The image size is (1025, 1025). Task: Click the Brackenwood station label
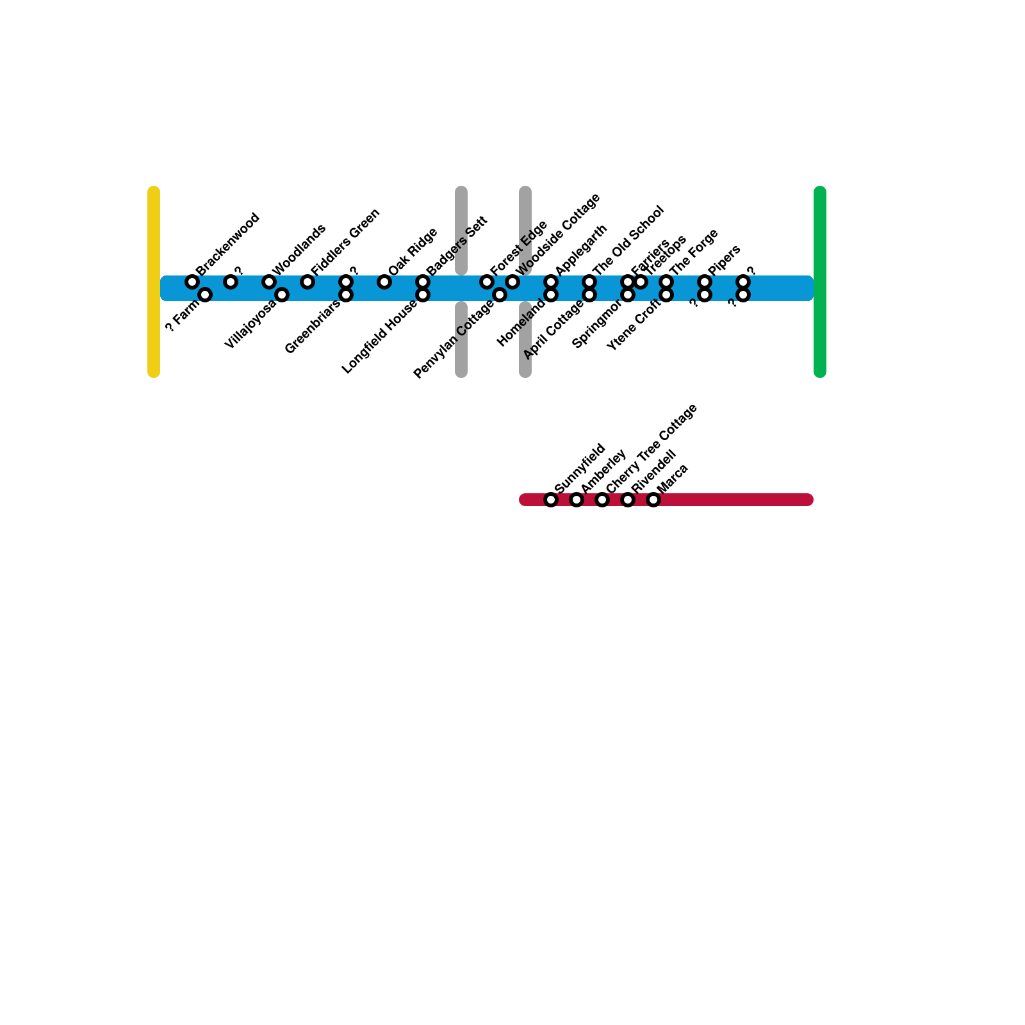227,244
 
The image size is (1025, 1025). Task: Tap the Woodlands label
299,250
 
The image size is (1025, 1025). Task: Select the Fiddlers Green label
346,242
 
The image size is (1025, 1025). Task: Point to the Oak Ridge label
413,252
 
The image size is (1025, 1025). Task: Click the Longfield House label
380,336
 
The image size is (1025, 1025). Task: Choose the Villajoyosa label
251,324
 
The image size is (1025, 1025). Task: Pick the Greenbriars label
313,327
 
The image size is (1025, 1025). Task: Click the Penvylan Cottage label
454,339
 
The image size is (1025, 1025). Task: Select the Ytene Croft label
634,325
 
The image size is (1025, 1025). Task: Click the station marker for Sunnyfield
551,500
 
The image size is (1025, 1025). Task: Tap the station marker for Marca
653,500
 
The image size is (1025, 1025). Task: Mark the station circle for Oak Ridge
384,282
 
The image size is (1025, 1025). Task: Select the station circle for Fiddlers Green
307,282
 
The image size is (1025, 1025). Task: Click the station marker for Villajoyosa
282,295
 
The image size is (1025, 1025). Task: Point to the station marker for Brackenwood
192,282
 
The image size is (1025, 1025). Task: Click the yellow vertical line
154,282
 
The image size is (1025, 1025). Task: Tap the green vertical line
820,282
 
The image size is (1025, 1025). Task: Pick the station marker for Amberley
577,500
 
